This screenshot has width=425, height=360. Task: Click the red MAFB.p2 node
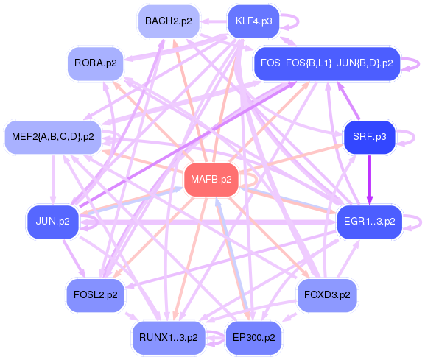[x=211, y=180]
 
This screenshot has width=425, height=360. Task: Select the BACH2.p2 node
[x=168, y=21]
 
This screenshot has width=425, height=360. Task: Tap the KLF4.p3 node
[x=253, y=21]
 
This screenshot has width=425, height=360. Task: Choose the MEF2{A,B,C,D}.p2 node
[x=53, y=137]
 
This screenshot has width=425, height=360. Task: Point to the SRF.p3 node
[x=370, y=137]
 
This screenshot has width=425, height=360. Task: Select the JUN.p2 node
[x=53, y=221]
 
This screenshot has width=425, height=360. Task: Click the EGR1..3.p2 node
[x=370, y=221]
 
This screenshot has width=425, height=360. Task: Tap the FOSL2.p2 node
[x=96, y=294]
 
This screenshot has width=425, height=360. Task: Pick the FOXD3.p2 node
[x=327, y=294]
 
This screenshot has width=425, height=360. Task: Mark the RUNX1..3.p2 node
[x=168, y=337]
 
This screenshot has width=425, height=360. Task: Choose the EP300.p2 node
[x=253, y=337]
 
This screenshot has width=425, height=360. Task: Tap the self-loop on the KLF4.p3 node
[x=292, y=21]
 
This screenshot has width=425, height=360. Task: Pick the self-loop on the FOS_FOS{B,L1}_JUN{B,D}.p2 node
[x=416, y=63]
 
